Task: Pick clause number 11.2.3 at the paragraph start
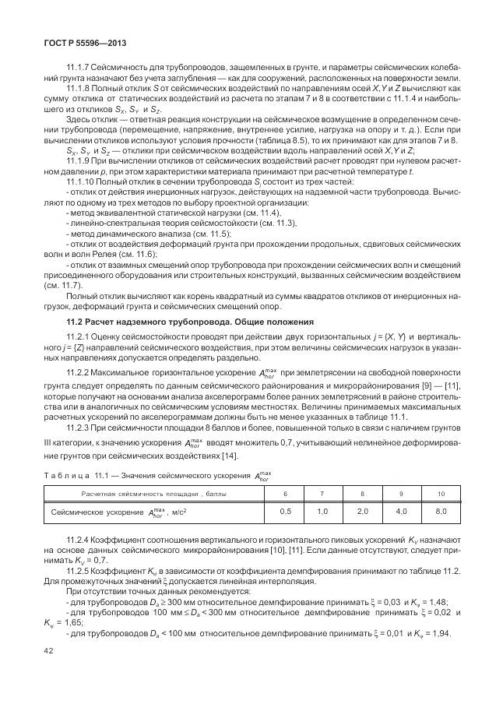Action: [x=81, y=427]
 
